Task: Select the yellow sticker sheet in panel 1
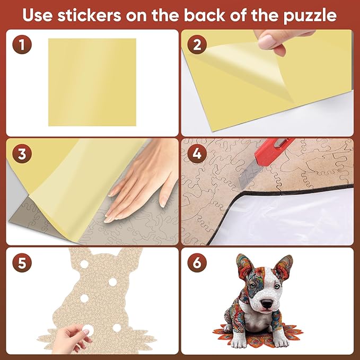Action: (92, 82)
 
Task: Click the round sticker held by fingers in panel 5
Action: (84, 330)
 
